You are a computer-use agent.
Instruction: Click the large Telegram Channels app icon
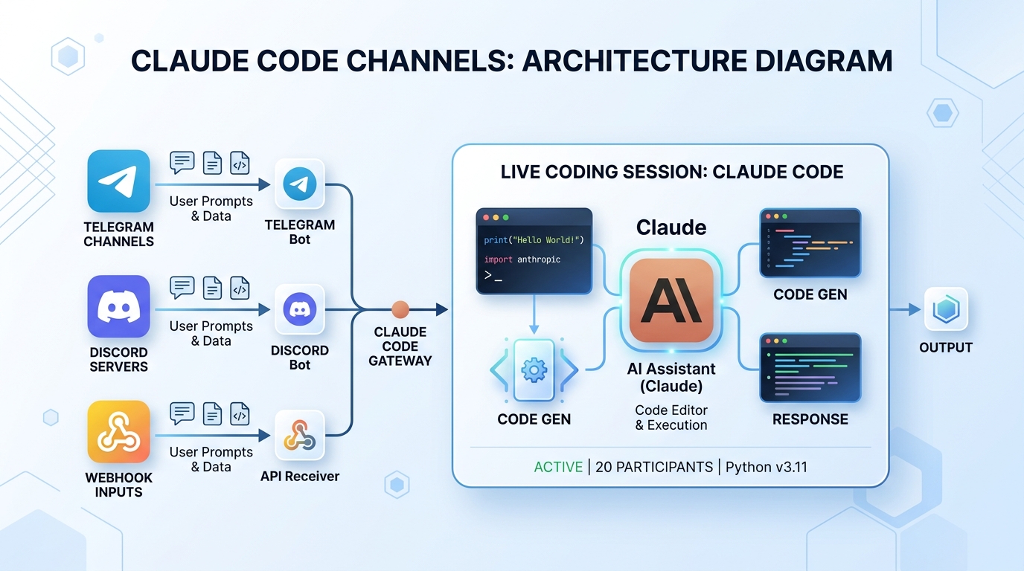pos(118,181)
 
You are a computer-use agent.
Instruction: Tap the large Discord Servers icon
pos(118,306)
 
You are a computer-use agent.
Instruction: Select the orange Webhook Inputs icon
pos(118,432)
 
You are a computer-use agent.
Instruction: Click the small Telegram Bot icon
pos(300,184)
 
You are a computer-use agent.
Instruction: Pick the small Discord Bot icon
pos(300,309)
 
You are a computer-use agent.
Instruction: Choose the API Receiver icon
pos(300,434)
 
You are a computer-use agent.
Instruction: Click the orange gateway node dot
pos(400,309)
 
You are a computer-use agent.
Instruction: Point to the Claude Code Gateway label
pos(400,346)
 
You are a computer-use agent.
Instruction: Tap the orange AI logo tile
pos(671,300)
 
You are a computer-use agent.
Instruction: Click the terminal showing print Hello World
pos(534,251)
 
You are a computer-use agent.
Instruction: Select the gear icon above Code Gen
pos(534,370)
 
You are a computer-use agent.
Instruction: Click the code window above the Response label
pos(810,367)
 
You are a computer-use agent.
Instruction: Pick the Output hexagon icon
pos(945,309)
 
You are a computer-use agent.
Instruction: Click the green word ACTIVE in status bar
pos(558,467)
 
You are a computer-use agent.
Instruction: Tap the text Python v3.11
pos(767,467)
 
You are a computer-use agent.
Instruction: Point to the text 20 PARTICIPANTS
pos(654,467)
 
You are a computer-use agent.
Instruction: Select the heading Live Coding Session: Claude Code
pos(671,172)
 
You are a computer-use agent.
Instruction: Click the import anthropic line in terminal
pos(522,259)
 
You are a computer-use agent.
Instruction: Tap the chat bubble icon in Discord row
pos(182,287)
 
